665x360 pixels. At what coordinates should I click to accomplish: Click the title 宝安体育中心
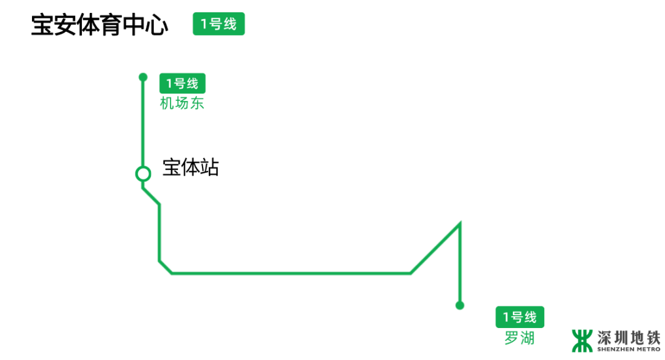(x=99, y=26)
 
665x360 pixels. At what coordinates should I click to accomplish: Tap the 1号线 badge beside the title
(x=219, y=25)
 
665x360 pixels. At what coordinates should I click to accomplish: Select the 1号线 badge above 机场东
(x=182, y=84)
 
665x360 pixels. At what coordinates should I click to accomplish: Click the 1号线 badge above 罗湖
(x=520, y=318)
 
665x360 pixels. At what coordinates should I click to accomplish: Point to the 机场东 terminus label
(x=182, y=103)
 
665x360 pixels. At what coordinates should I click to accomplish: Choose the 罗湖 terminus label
(x=519, y=338)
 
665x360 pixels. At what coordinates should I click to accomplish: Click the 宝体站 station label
(x=190, y=167)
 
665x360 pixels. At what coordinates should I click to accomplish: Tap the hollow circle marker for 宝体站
(x=143, y=174)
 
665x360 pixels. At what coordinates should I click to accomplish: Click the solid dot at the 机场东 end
(x=143, y=77)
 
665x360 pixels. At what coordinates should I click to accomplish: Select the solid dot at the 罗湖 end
(x=459, y=305)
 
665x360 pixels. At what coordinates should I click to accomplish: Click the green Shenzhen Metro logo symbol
(x=581, y=340)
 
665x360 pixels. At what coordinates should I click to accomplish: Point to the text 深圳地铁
(x=628, y=337)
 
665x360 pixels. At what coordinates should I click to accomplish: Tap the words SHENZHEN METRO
(x=628, y=349)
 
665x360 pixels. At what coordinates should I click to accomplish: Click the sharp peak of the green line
(x=459, y=223)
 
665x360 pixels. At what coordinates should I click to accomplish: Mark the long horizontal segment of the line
(x=289, y=273)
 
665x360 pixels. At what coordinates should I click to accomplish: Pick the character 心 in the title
(x=156, y=26)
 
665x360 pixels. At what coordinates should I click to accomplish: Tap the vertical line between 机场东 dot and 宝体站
(x=143, y=123)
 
